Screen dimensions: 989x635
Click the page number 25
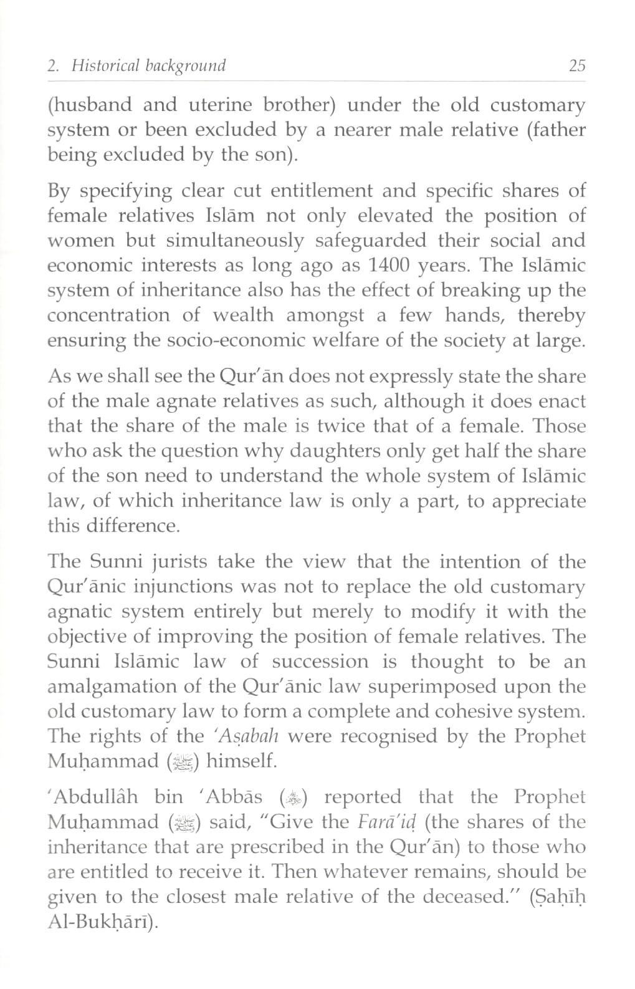coord(578,65)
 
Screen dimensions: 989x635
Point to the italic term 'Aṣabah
coord(244,736)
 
